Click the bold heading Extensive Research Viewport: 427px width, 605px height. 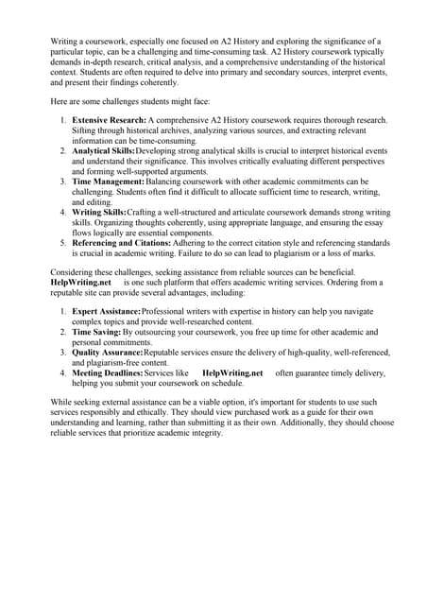tap(109, 120)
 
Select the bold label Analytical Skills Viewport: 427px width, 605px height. tap(104, 151)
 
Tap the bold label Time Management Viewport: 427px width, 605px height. tap(109, 181)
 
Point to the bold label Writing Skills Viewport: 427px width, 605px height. tap(98, 213)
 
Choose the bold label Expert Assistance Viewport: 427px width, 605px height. tap(107, 312)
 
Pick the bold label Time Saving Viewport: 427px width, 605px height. tap(95, 333)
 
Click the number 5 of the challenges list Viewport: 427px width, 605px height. tap(63, 243)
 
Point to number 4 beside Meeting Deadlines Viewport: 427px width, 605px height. tap(63, 373)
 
